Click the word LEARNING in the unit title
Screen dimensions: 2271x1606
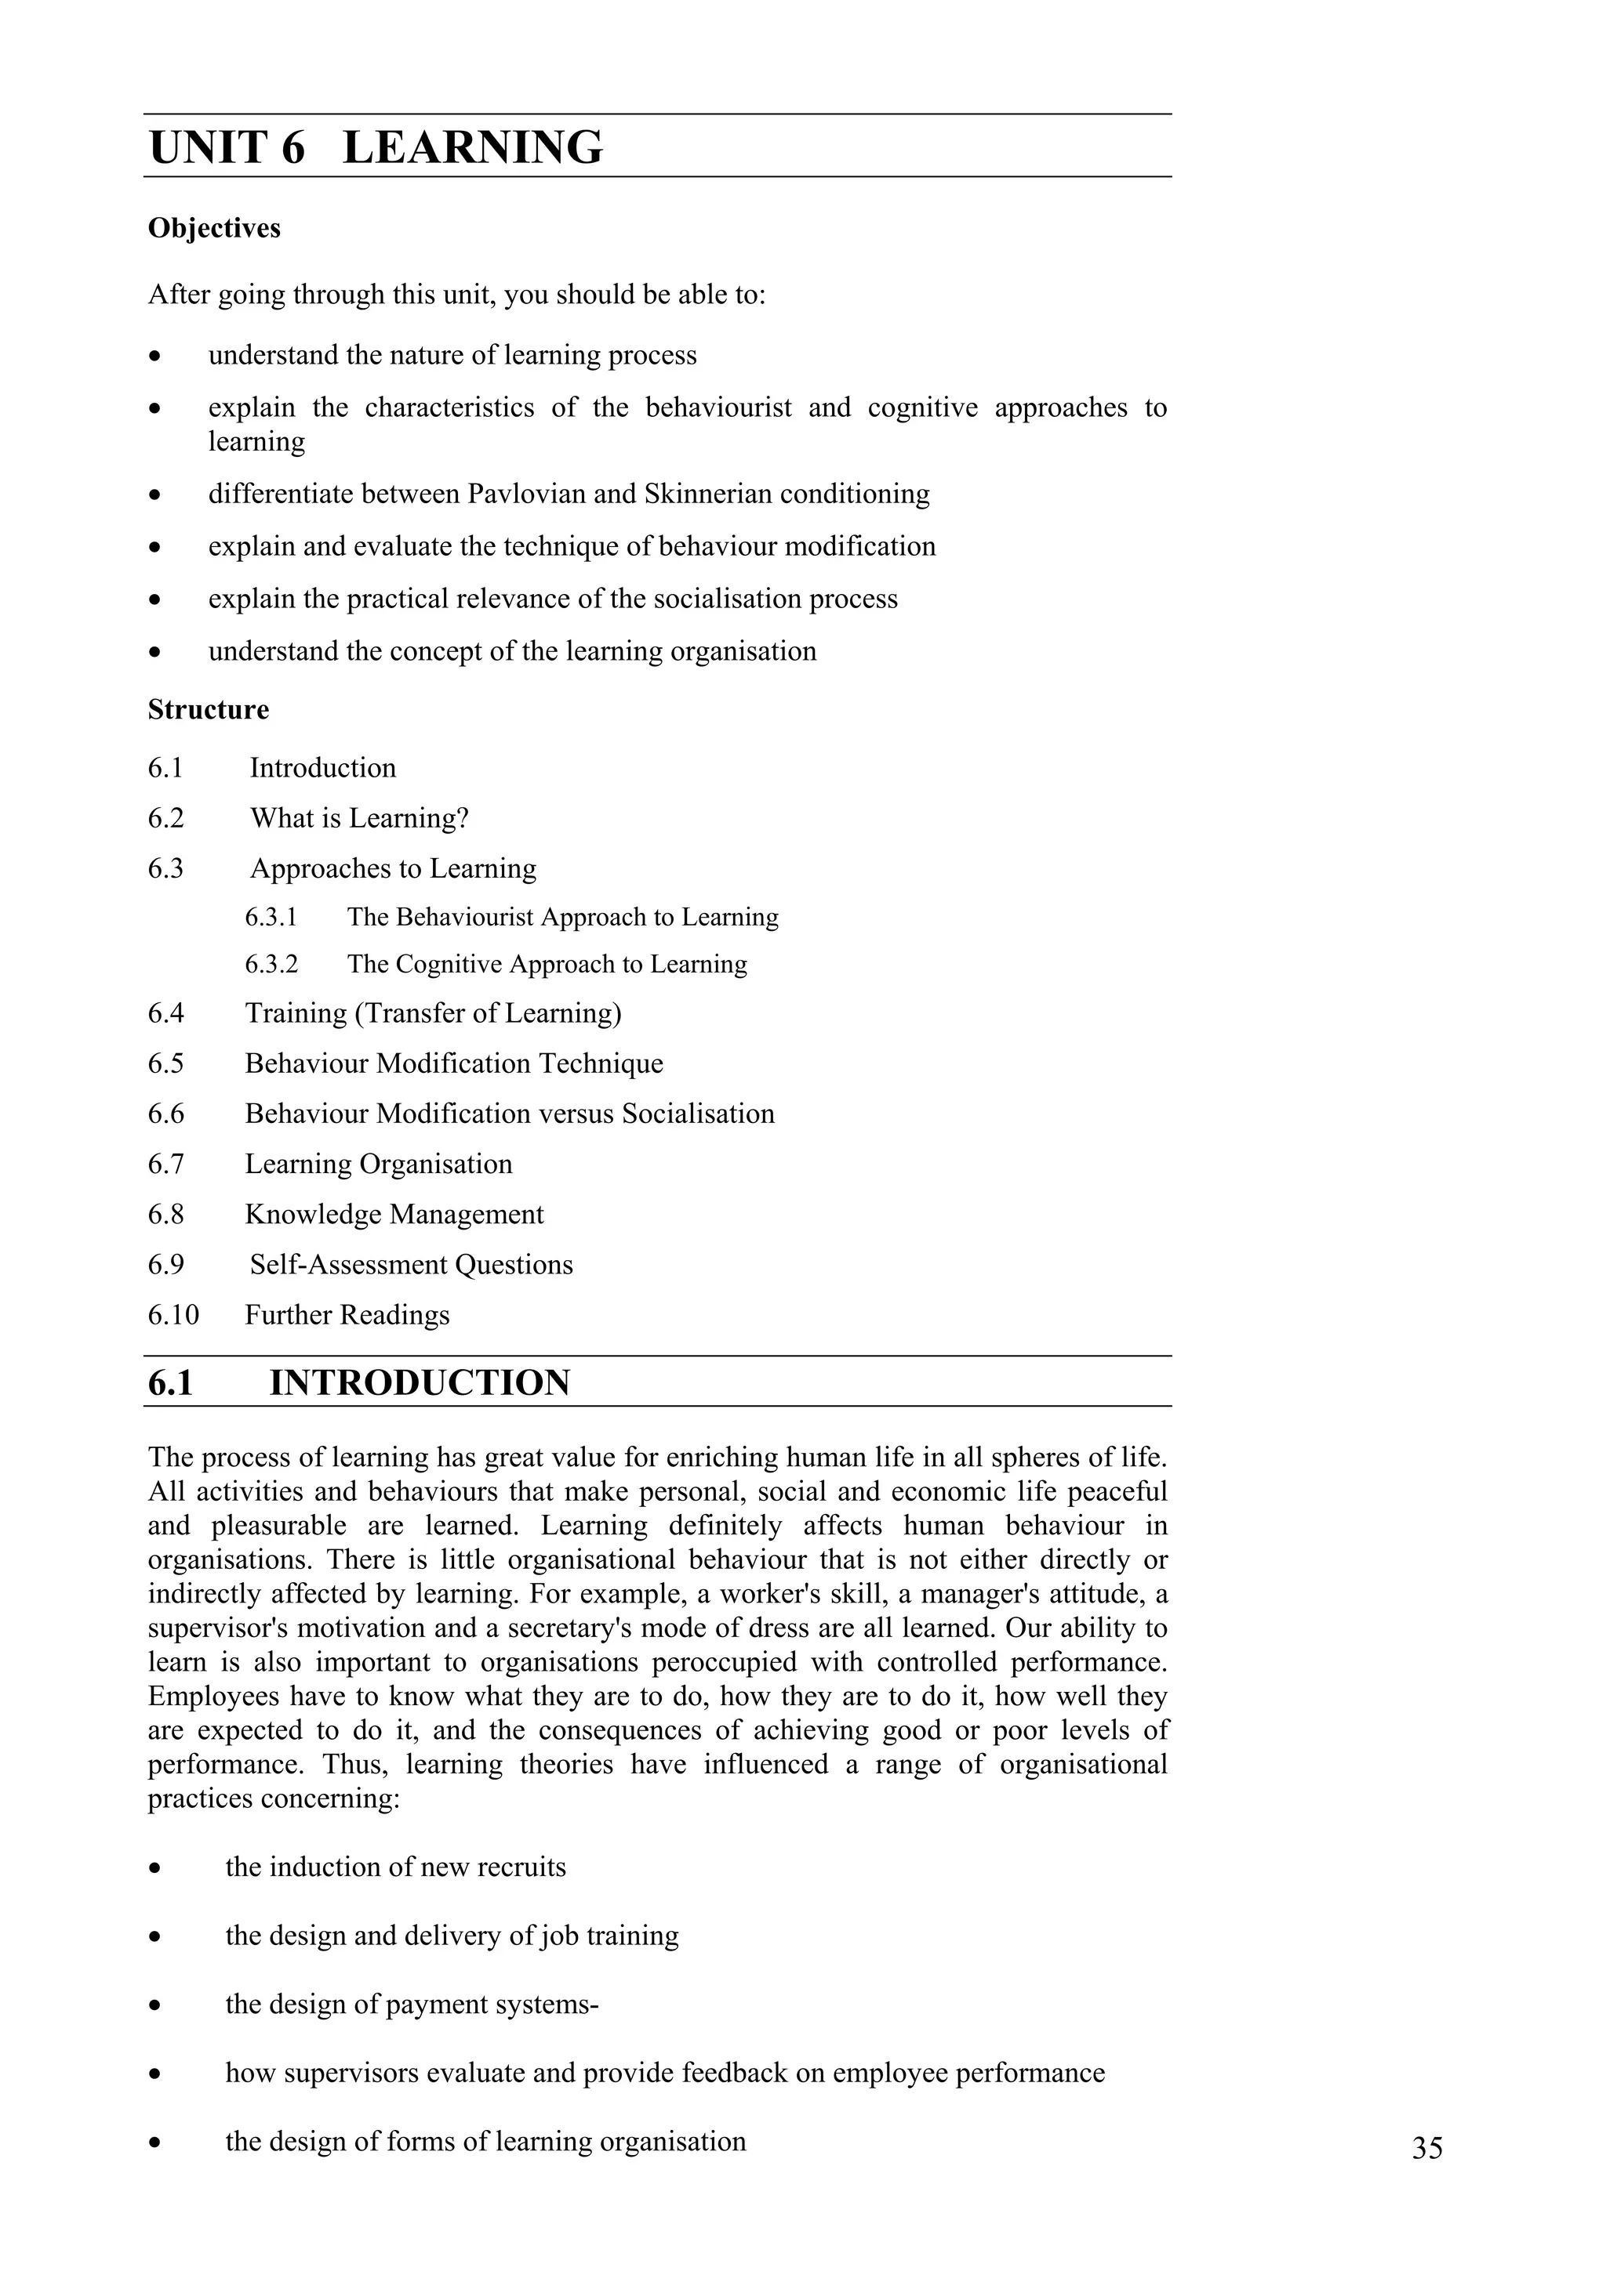point(472,148)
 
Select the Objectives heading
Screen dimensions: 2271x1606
point(214,229)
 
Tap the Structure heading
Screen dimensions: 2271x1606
point(208,710)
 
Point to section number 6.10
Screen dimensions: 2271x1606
point(173,1316)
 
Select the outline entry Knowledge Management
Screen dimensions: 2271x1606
point(394,1215)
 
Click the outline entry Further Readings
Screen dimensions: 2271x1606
point(347,1316)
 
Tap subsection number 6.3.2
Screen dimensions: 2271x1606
point(271,965)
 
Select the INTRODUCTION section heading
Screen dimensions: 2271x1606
point(420,1383)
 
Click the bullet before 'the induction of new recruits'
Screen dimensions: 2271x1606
point(154,1868)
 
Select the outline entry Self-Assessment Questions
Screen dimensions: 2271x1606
point(411,1265)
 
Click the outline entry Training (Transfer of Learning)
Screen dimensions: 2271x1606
point(432,1014)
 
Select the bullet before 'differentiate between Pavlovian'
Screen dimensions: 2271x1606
point(154,494)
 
